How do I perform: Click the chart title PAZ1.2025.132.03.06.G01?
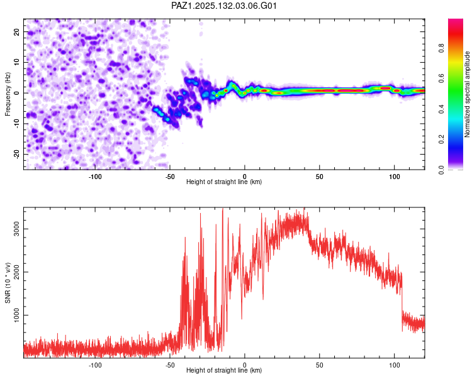click(223, 6)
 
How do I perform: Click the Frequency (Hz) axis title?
click(8, 94)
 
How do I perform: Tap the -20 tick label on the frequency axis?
click(16, 155)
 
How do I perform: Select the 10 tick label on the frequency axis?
click(16, 62)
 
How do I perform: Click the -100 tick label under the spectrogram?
click(95, 177)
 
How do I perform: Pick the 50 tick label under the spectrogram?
click(319, 177)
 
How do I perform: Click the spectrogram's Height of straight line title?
click(224, 182)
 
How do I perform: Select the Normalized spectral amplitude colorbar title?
click(467, 94)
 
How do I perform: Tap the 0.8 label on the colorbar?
click(441, 48)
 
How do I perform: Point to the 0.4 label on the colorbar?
click(441, 109)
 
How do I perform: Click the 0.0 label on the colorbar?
click(441, 170)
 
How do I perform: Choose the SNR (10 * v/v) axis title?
click(8, 283)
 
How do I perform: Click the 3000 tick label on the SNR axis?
click(16, 229)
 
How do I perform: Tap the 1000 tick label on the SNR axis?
click(16, 315)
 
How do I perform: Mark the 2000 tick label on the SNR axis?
click(16, 272)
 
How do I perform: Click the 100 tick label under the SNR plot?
click(395, 365)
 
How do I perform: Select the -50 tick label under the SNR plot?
click(170, 365)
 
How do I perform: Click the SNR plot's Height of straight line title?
click(224, 370)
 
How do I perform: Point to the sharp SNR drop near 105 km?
click(402, 300)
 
